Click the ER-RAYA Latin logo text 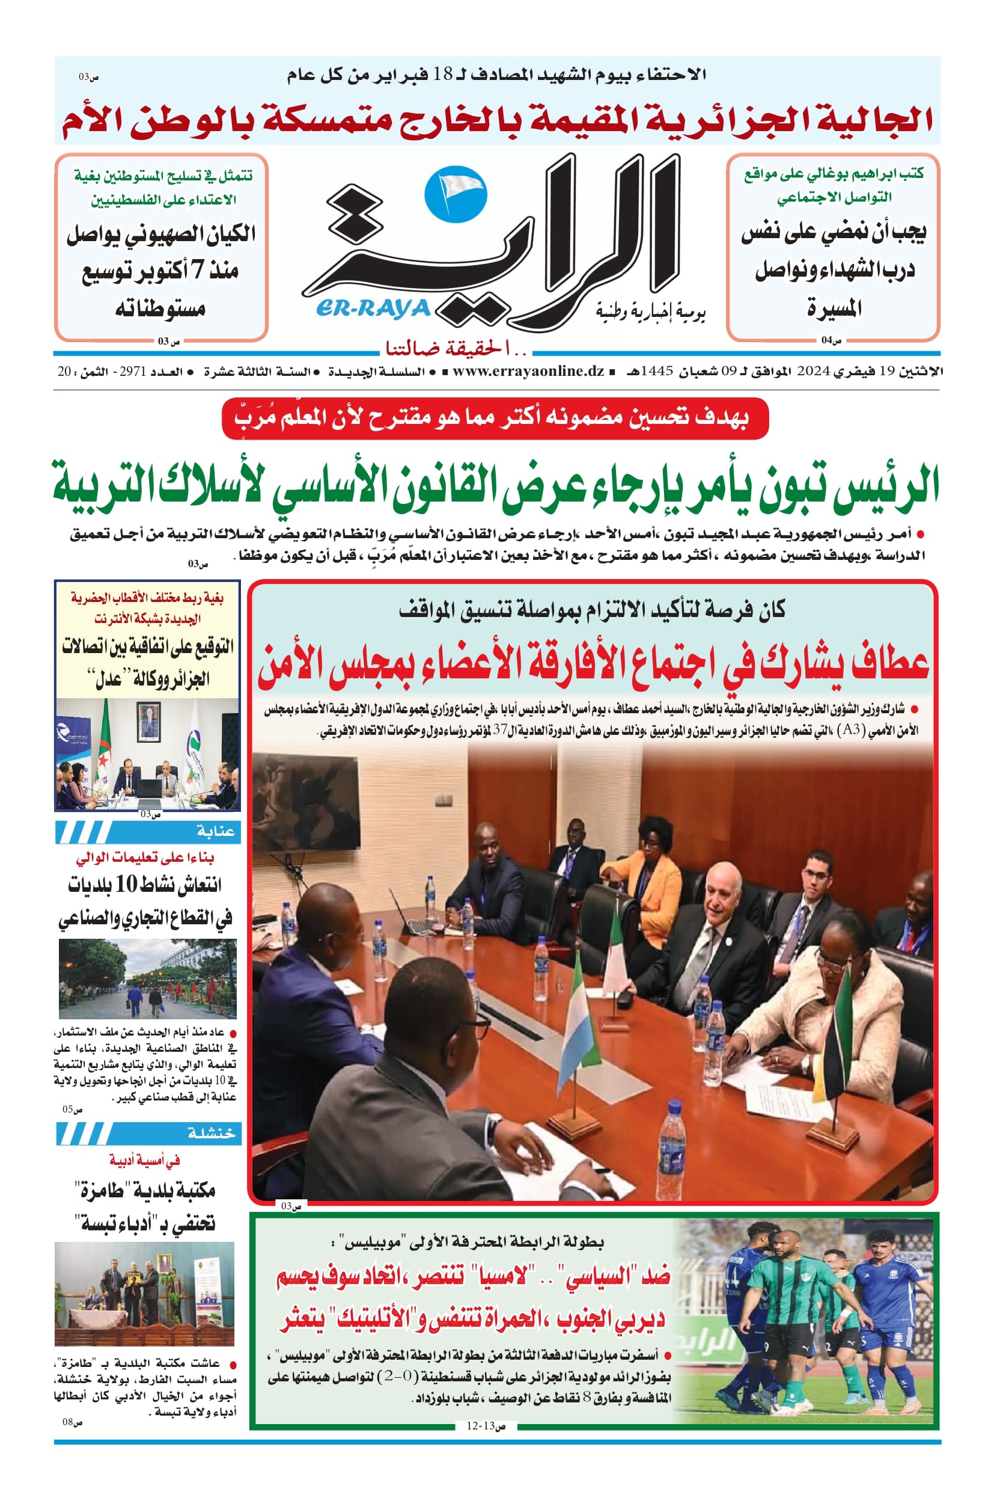pos(373,309)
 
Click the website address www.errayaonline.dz pos(528,372)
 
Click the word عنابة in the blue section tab pos(216,832)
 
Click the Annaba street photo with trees pos(147,979)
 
